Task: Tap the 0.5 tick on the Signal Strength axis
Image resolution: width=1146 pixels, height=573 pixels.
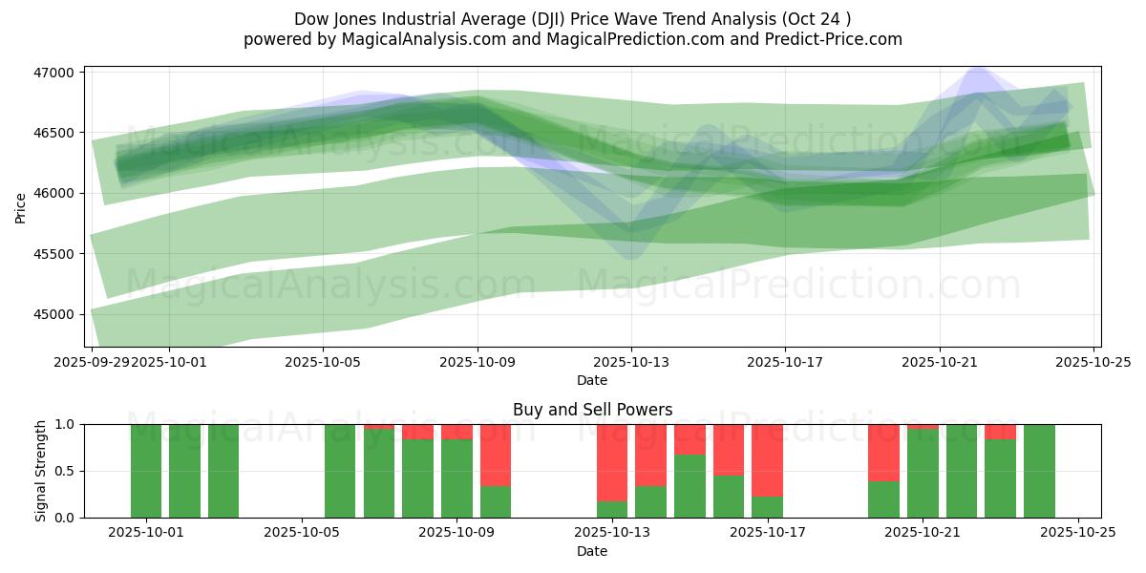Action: [x=67, y=471]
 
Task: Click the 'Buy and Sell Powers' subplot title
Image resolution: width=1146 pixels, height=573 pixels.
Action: [x=592, y=410]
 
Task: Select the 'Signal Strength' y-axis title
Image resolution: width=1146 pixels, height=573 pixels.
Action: [x=40, y=471]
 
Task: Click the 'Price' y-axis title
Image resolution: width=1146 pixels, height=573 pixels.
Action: [x=21, y=206]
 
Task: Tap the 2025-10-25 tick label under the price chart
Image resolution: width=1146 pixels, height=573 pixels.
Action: [x=1093, y=362]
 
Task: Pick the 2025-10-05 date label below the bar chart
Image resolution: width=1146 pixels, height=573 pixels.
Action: [x=302, y=533]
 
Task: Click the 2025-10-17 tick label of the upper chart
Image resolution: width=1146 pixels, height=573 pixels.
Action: [x=785, y=362]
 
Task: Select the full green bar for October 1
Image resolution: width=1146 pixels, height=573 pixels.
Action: [x=146, y=471]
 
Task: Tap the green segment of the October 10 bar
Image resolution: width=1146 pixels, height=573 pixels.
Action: [x=496, y=502]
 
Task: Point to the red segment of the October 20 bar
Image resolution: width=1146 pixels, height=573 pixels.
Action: [x=883, y=453]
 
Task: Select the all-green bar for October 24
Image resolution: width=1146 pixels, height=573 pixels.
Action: [x=1039, y=471]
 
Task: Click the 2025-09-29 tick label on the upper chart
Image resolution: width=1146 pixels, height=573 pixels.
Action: [x=92, y=362]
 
